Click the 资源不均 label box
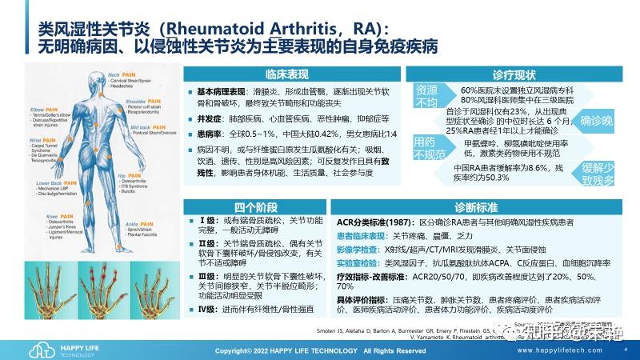426,97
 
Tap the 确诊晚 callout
595,122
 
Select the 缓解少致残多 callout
597,173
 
